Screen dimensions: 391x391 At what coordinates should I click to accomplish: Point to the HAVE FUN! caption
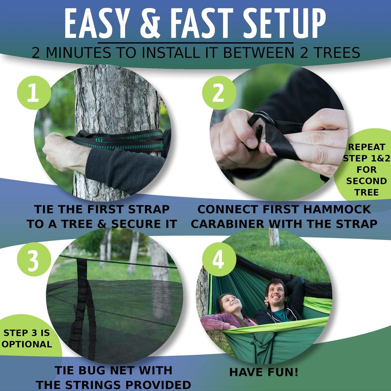(x=264, y=372)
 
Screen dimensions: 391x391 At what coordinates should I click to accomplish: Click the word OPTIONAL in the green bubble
(x=27, y=344)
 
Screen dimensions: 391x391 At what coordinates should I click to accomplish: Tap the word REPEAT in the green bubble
(x=366, y=147)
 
